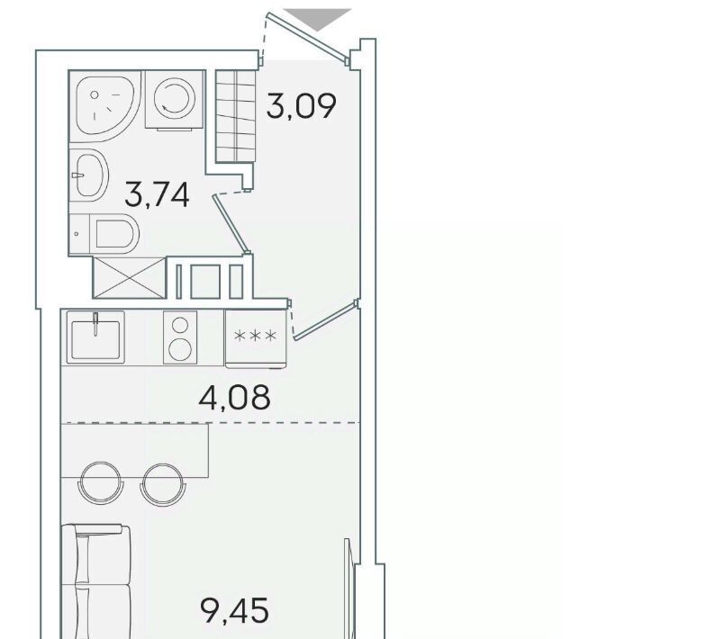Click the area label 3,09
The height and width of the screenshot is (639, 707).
coord(301,106)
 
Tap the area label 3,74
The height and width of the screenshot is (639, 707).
coord(157,194)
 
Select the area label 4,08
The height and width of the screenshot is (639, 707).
coord(234,398)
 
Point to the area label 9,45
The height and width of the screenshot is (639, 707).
coord(234,610)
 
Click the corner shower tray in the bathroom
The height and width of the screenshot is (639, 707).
coord(105,106)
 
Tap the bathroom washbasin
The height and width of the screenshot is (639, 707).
coord(89,175)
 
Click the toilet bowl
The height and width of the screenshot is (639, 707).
coord(114,233)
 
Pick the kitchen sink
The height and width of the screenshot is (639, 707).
coord(95,337)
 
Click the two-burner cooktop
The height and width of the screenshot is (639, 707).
coord(180,337)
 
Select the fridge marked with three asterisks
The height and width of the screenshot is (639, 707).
coord(256,338)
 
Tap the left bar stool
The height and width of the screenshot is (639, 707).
coord(101,483)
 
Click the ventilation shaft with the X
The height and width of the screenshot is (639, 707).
coord(130,277)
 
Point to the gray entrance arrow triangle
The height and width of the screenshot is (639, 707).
coord(317,20)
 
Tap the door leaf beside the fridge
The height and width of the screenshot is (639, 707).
coord(325,321)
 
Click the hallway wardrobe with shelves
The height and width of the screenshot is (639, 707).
coord(236,116)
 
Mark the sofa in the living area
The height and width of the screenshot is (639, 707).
coord(96,581)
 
